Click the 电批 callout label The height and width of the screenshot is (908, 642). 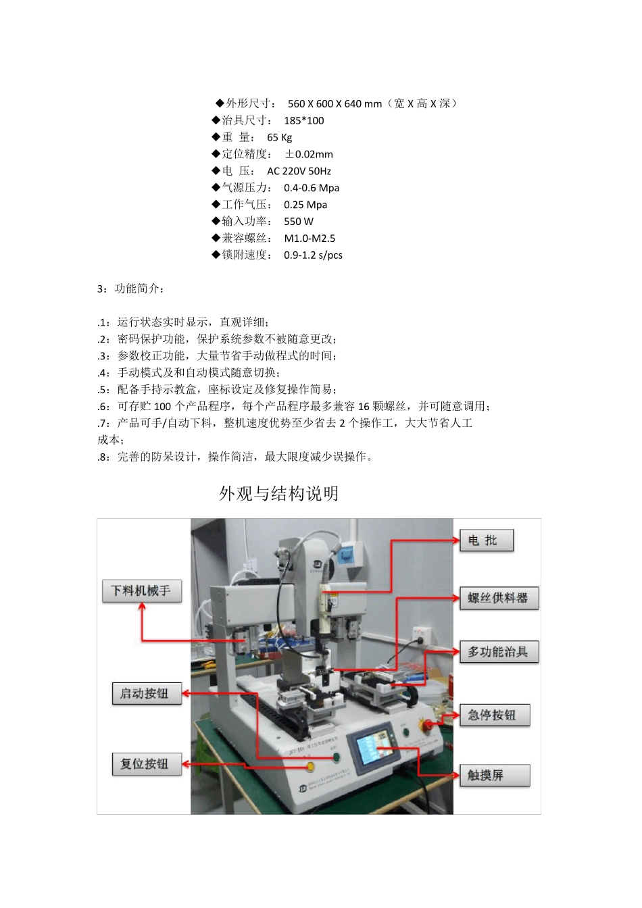(486, 540)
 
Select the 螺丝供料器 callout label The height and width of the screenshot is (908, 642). (499, 598)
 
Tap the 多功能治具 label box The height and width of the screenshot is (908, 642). (499, 652)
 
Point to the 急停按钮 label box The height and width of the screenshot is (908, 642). (494, 715)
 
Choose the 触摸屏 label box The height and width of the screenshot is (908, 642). (494, 775)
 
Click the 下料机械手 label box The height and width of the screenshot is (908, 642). (142, 590)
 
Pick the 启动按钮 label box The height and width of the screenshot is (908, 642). (147, 693)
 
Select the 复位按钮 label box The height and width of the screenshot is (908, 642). (147, 764)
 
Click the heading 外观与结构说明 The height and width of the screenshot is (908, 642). (278, 494)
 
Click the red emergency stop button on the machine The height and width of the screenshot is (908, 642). (427, 726)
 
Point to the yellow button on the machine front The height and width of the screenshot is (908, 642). (310, 766)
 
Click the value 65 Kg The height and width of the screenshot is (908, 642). (279, 137)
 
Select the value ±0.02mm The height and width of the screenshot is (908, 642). (309, 154)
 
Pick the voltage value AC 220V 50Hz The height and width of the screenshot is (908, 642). (299, 171)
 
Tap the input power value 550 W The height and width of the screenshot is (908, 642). (299, 221)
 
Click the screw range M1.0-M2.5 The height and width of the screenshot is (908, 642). (310, 238)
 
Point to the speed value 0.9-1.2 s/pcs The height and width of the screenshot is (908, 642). (313, 255)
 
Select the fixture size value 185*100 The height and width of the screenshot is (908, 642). (303, 120)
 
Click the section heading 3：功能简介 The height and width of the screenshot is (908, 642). (130, 288)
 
